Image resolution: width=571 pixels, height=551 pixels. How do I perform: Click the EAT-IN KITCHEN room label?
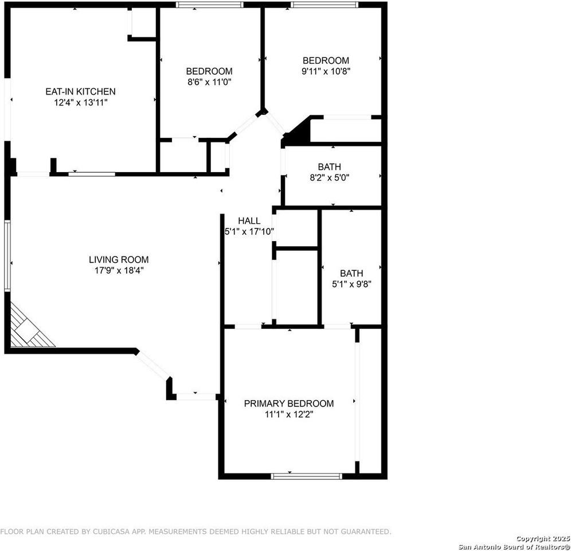pyautogui.click(x=80, y=91)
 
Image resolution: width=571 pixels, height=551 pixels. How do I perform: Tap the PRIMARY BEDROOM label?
pyautogui.click(x=288, y=403)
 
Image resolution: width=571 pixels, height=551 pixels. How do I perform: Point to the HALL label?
pyautogui.click(x=249, y=220)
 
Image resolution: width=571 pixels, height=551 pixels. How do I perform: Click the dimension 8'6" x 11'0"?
pyautogui.click(x=209, y=82)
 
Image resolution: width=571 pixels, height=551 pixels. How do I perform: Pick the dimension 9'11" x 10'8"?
pyautogui.click(x=326, y=71)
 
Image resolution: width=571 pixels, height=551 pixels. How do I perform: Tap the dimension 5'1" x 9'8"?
pyautogui.click(x=351, y=284)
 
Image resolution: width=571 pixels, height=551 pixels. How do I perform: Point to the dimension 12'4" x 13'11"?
pyautogui.click(x=80, y=102)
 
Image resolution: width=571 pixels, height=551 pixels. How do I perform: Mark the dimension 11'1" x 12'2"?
pyautogui.click(x=288, y=414)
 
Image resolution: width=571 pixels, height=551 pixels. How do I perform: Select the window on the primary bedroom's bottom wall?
pyautogui.click(x=306, y=476)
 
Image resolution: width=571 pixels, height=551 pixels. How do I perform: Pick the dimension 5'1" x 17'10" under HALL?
pyautogui.click(x=249, y=232)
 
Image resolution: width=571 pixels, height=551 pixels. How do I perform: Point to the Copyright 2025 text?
pyautogui.click(x=542, y=538)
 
